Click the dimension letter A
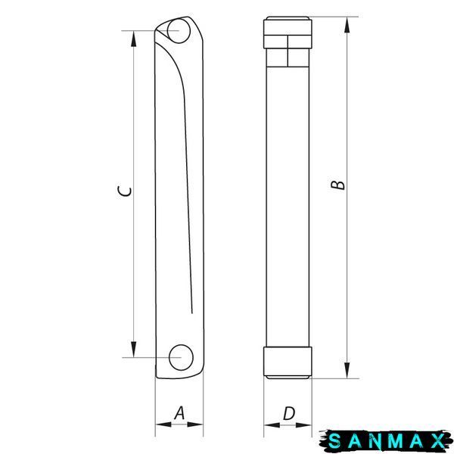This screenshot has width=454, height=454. click(x=179, y=413)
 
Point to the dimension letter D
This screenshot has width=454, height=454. click(x=289, y=413)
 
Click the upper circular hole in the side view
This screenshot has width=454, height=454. click(x=179, y=30)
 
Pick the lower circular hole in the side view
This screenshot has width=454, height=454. click(x=181, y=358)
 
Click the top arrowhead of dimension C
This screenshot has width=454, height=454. click(x=133, y=39)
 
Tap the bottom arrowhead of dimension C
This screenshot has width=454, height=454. click(x=133, y=349)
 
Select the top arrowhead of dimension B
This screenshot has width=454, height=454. click(x=347, y=25)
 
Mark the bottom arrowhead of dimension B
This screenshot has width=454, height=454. click(x=347, y=370)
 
